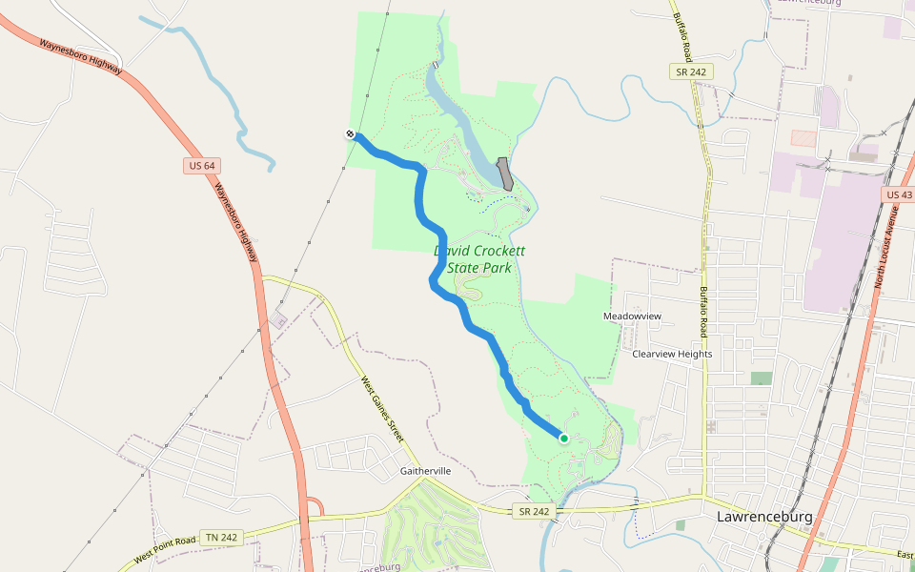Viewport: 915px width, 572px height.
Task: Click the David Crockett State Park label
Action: click(x=479, y=259)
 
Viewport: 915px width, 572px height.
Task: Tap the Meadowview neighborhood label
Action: click(x=632, y=316)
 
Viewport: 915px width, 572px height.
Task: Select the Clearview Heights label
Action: click(x=672, y=354)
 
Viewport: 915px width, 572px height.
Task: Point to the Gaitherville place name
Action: click(x=425, y=471)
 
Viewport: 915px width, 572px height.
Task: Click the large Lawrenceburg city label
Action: click(x=763, y=517)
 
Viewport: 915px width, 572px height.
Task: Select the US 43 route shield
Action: click(x=898, y=194)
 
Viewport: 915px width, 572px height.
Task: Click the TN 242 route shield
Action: click(x=224, y=538)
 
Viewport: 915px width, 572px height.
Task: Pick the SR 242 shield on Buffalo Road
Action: click(x=690, y=72)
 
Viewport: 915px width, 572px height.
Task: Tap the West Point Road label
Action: click(x=165, y=547)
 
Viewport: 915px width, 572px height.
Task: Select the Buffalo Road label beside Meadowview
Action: click(x=704, y=313)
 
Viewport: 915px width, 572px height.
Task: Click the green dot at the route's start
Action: click(x=563, y=439)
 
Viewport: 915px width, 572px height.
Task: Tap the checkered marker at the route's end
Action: click(x=351, y=134)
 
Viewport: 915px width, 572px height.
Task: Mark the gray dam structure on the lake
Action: click(x=505, y=174)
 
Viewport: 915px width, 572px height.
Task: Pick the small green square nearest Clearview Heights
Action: click(x=761, y=378)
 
